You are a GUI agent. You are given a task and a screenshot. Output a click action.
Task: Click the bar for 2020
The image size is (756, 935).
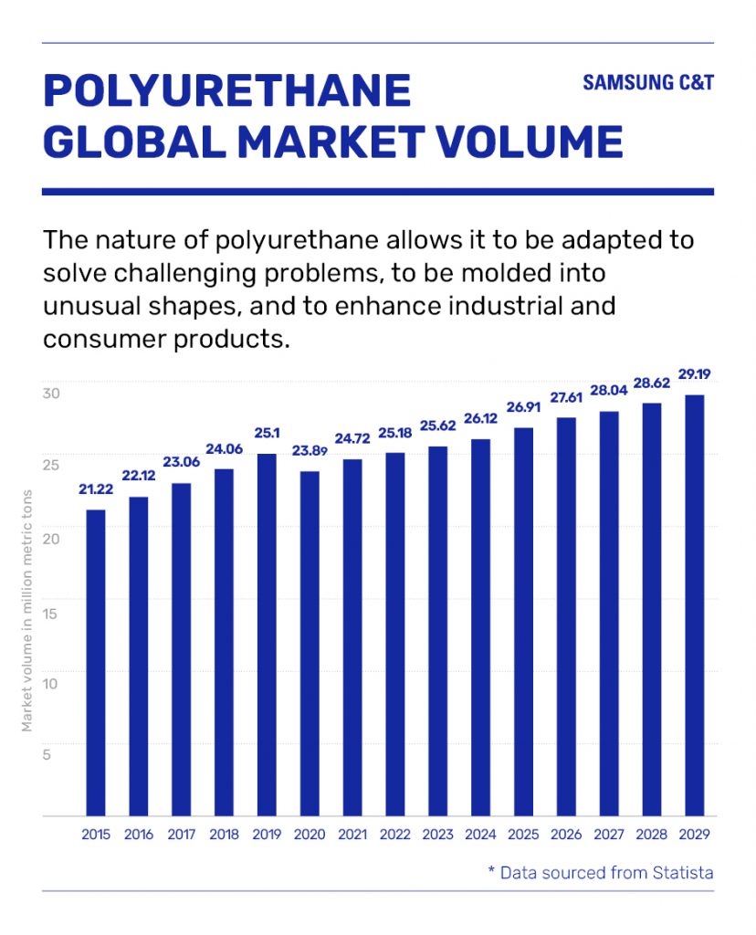pyautogui.click(x=310, y=644)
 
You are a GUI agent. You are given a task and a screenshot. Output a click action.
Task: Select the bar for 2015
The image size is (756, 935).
pyautogui.click(x=96, y=663)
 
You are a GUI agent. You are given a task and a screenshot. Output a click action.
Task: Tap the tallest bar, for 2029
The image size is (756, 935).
pyautogui.click(x=695, y=605)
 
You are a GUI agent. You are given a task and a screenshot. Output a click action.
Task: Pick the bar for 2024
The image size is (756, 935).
pyautogui.click(x=480, y=627)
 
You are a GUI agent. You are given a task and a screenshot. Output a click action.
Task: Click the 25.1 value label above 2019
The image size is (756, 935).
pyautogui.click(x=268, y=433)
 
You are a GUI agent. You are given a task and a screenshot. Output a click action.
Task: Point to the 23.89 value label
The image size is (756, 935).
pyautogui.click(x=310, y=451)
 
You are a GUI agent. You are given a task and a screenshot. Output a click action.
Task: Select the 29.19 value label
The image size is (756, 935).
pyautogui.click(x=695, y=373)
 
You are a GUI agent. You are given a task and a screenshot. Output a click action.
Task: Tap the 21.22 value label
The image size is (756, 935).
pyautogui.click(x=96, y=489)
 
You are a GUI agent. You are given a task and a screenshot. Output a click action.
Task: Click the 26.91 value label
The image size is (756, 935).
pyautogui.click(x=523, y=406)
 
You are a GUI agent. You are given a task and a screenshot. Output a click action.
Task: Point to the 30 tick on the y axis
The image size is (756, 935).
pyautogui.click(x=51, y=394)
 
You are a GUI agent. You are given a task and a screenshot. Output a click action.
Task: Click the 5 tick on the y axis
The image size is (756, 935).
pyautogui.click(x=47, y=755)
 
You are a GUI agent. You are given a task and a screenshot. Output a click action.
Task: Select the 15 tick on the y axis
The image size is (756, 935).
pyautogui.click(x=50, y=614)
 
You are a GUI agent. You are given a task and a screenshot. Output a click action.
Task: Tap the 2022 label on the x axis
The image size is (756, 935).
pyautogui.click(x=395, y=835)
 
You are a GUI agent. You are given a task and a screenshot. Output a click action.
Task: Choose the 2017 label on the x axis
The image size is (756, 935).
pyautogui.click(x=182, y=835)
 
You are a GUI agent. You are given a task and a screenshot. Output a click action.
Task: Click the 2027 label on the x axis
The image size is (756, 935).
pyautogui.click(x=609, y=835)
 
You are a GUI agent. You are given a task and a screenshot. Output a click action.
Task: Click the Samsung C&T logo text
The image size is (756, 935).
pyautogui.click(x=648, y=82)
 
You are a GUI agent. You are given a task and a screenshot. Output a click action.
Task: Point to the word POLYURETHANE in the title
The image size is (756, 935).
pyautogui.click(x=227, y=90)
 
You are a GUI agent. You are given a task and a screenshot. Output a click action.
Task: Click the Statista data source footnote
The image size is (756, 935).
pyautogui.click(x=601, y=872)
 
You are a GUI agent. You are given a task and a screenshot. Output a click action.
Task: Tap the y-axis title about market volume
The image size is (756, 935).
pyautogui.click(x=26, y=611)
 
